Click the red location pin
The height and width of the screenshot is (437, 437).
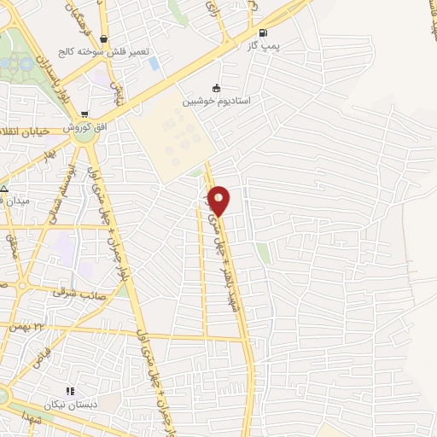coord(219,200)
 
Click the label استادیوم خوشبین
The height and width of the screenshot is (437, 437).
coord(215,101)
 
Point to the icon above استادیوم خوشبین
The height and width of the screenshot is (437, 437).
coord(216,87)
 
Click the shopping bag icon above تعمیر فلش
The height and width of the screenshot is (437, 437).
coord(103,38)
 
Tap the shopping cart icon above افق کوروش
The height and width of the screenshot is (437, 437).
coord(84,114)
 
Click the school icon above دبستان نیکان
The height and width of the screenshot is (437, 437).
coord(70,391)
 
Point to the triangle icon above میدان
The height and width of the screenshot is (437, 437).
coord(4,189)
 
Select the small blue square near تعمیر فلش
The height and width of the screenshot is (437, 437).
coord(154,62)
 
